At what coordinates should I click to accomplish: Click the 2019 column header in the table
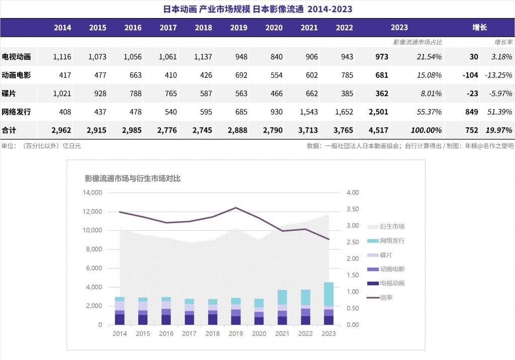click(238, 28)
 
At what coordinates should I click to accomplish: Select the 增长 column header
click(479, 28)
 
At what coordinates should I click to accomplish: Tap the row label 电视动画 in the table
click(16, 57)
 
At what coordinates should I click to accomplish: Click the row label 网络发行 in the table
click(16, 112)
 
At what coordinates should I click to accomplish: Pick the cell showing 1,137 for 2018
click(203, 57)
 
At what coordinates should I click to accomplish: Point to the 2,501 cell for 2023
click(378, 112)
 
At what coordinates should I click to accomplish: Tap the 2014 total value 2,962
click(61, 130)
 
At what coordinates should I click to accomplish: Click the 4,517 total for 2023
click(378, 130)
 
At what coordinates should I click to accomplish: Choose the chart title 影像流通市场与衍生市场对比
click(132, 178)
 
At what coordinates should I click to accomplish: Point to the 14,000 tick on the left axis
click(92, 193)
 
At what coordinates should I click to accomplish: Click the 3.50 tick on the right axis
click(352, 209)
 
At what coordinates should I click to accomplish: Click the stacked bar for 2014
click(120, 311)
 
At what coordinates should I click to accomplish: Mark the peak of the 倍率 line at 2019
click(235, 208)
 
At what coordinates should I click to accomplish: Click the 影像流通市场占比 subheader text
click(417, 42)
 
